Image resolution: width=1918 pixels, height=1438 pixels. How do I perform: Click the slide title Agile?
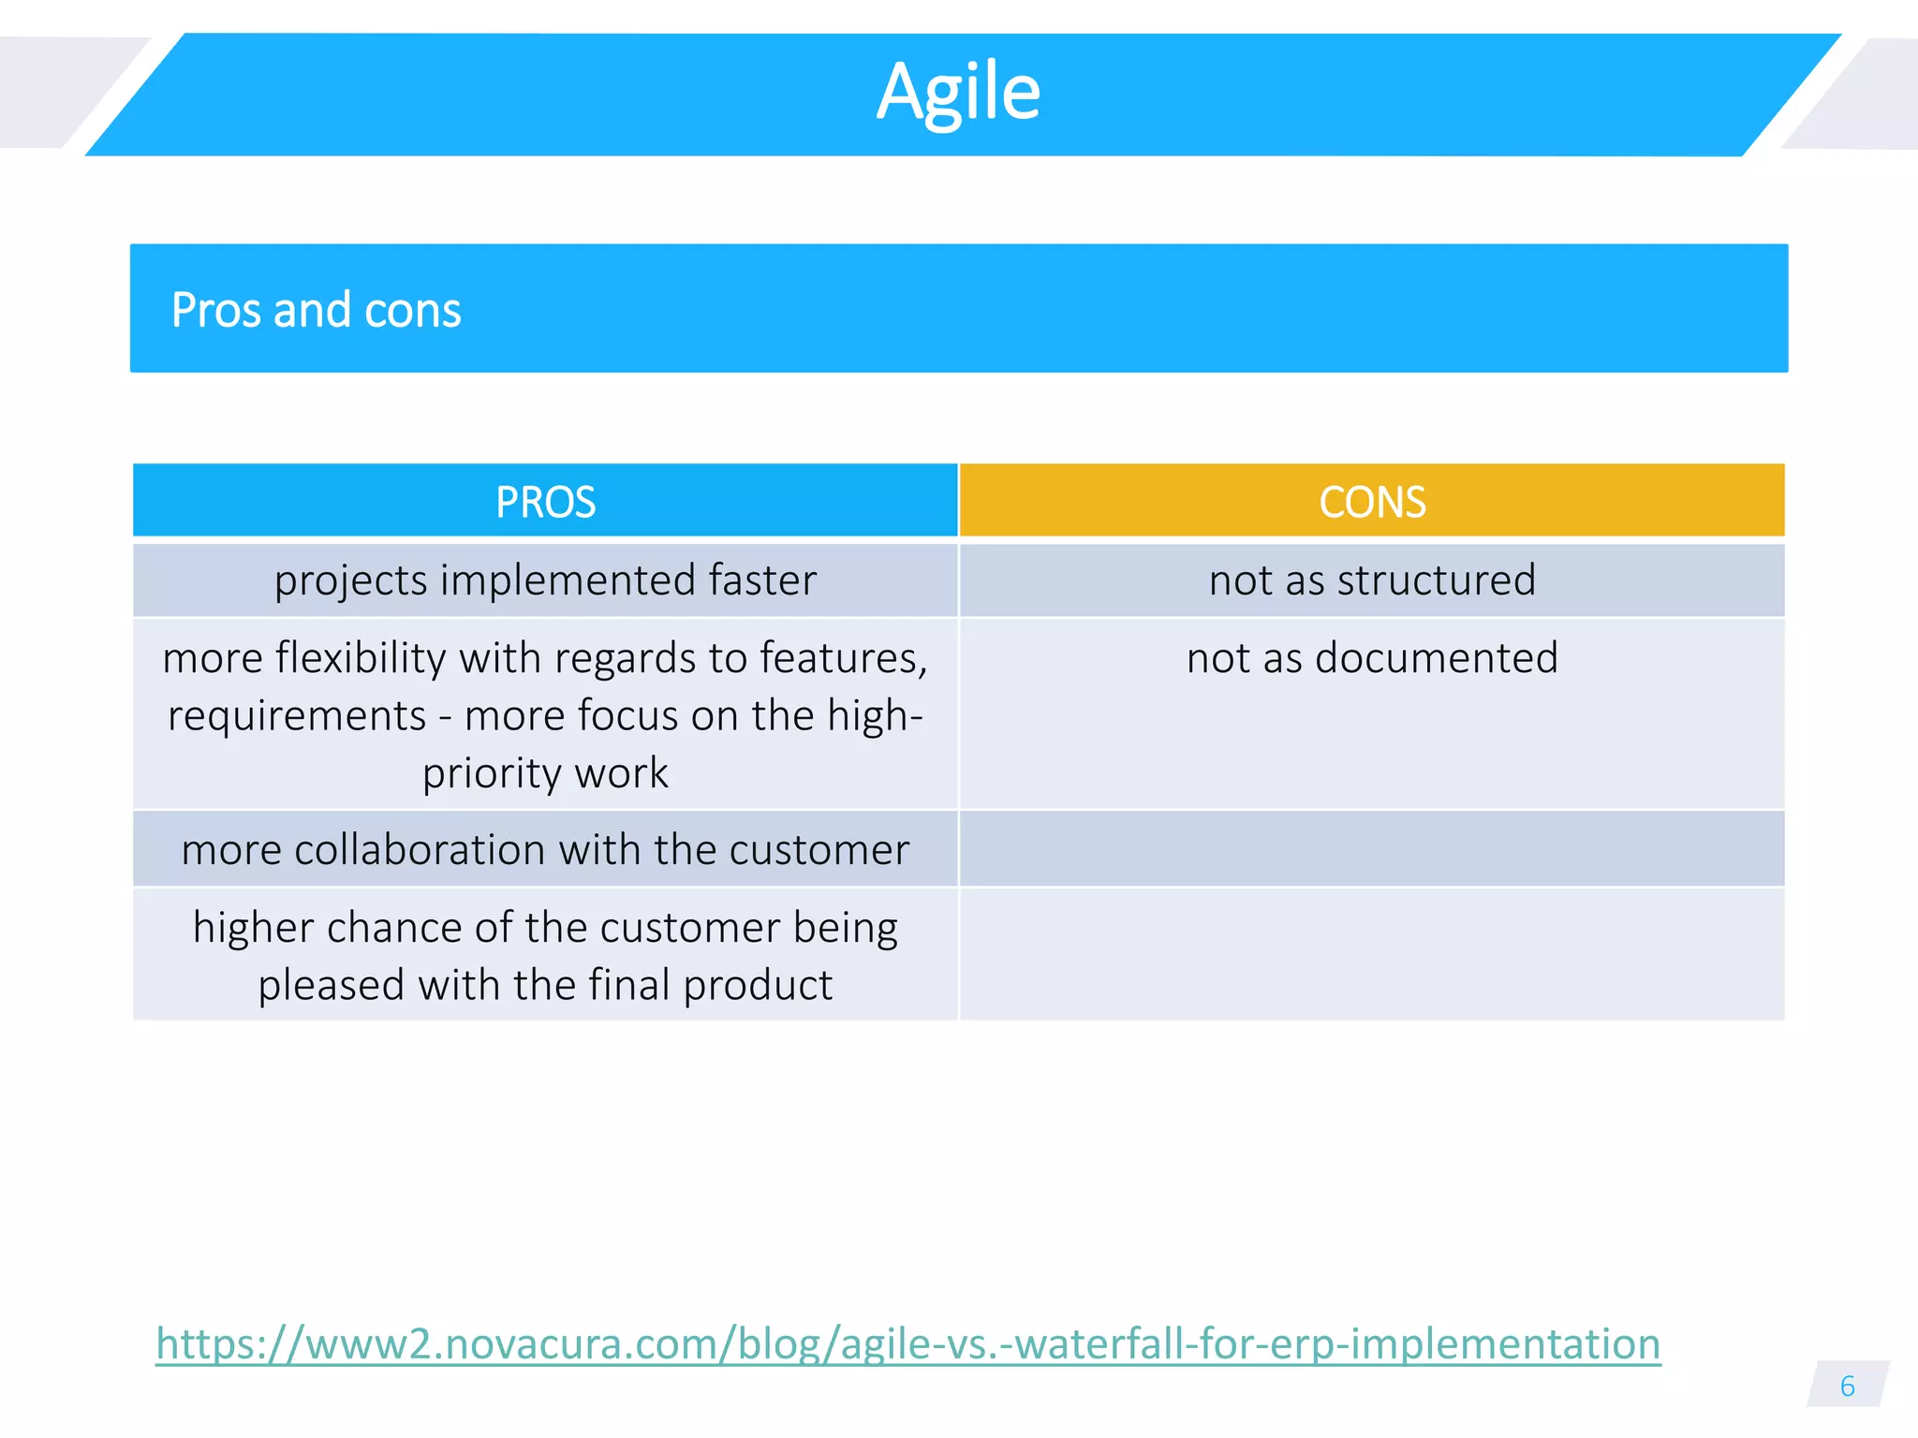tap(958, 92)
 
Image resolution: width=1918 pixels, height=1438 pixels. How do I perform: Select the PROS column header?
tap(545, 502)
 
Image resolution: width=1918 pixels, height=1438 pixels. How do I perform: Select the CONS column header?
tap(1372, 502)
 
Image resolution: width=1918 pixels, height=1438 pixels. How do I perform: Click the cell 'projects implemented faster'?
tap(545, 580)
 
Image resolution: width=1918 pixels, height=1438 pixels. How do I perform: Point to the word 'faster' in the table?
tap(762, 580)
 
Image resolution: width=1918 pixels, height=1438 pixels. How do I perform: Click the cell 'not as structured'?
tap(1372, 580)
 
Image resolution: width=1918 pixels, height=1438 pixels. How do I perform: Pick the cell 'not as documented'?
tap(1372, 658)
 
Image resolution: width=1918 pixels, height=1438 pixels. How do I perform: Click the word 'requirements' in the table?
tap(297, 716)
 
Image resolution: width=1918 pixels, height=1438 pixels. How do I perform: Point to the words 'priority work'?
tap(545, 774)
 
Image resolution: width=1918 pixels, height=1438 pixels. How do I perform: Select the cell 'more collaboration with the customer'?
tap(545, 850)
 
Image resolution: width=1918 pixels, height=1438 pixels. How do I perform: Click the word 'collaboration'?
tap(420, 850)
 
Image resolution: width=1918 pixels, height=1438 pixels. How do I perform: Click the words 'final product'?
tap(712, 986)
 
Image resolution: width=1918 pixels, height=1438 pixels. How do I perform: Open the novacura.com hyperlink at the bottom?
tap(907, 1344)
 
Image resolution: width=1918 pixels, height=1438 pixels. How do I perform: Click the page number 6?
tap(1847, 1387)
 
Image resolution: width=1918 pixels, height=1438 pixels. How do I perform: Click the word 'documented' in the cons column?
tap(1437, 658)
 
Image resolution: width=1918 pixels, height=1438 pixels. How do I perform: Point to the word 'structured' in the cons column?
tap(1437, 580)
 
